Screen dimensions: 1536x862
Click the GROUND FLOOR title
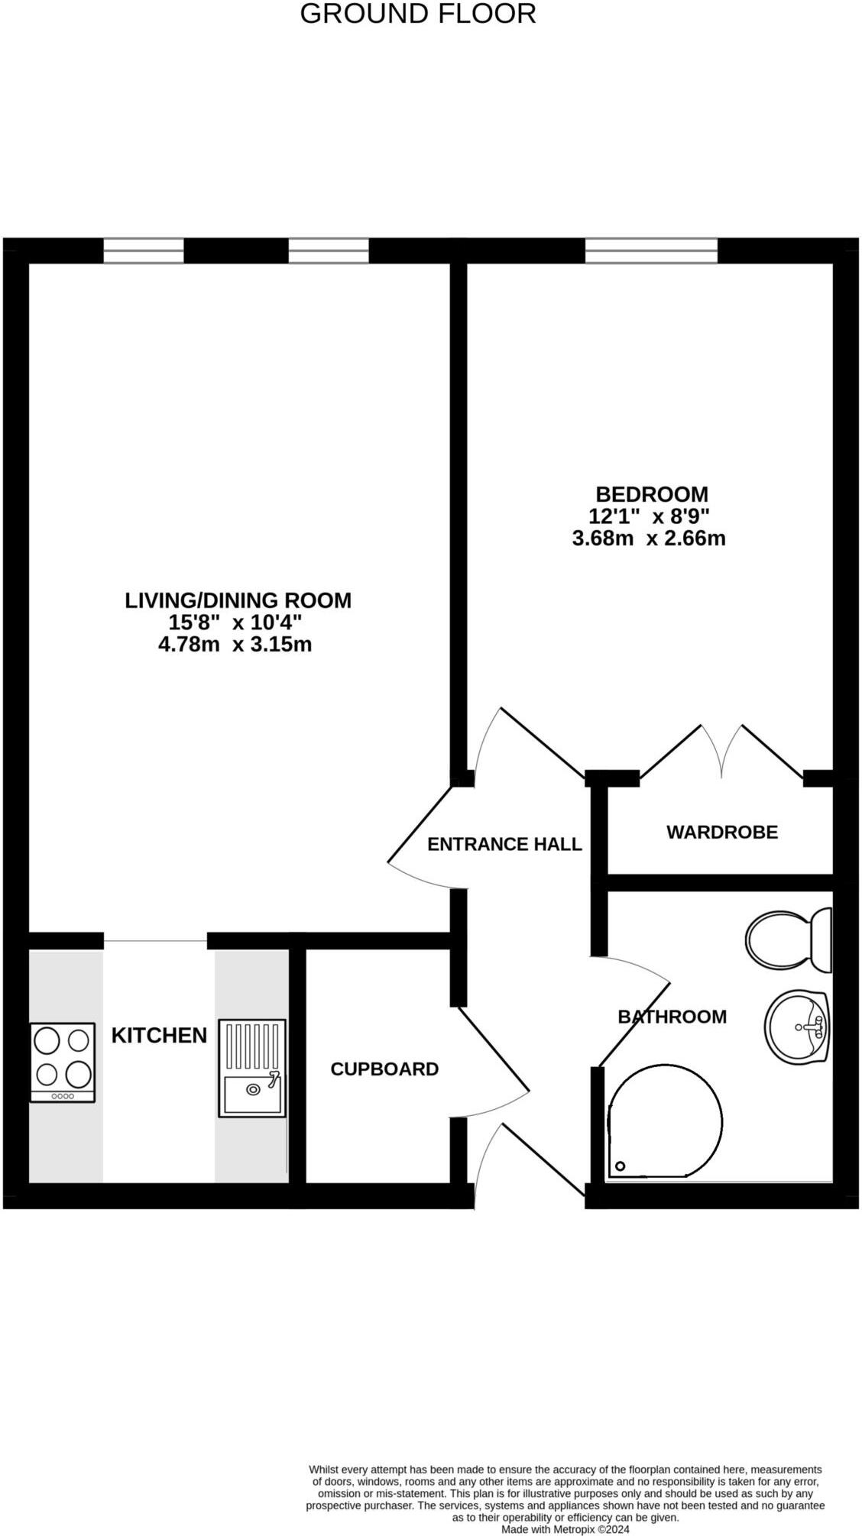417,14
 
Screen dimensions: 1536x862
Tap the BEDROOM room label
651,494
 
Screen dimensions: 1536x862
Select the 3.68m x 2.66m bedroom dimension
648,538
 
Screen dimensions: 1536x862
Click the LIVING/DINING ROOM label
238,600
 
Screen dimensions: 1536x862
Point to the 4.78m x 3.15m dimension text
235,645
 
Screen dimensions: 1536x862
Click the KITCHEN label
159,1035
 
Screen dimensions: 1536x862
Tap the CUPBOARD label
384,1069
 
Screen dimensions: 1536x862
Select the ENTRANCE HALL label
504,844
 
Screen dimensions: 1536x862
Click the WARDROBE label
721,832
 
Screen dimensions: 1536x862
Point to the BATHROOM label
672,1017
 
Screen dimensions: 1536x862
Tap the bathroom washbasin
797,1027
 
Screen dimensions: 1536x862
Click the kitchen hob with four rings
63,1062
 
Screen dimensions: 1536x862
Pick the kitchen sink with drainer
252,1068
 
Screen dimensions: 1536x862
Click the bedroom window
651,251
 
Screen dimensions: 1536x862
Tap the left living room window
144,251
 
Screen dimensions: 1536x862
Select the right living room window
329,251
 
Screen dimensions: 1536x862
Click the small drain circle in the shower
621,1166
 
